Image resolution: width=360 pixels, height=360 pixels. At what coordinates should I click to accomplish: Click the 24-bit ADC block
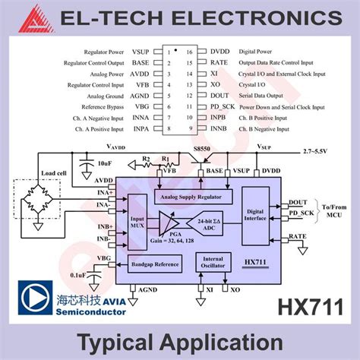coord(207,223)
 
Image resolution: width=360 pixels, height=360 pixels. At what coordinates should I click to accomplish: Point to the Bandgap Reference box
coord(156,264)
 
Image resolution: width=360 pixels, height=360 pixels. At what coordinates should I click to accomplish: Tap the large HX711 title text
coord(309,307)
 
